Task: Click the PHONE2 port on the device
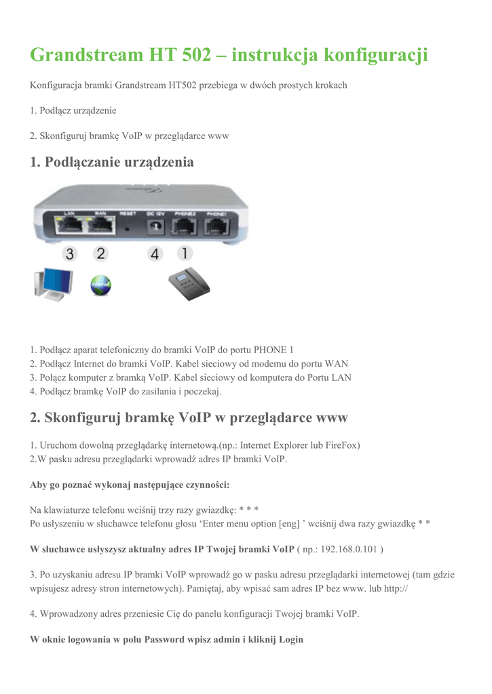tap(185, 228)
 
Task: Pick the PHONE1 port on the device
tap(216, 228)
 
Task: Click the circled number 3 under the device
tap(69, 254)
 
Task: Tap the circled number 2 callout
tap(101, 253)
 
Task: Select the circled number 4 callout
tap(155, 254)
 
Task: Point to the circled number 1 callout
tap(184, 253)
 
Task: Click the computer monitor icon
tap(53, 285)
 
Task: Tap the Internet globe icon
tap(101, 286)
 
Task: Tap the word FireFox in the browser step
tap(339, 445)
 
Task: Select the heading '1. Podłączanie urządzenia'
tap(112, 163)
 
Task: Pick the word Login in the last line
tap(290, 639)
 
